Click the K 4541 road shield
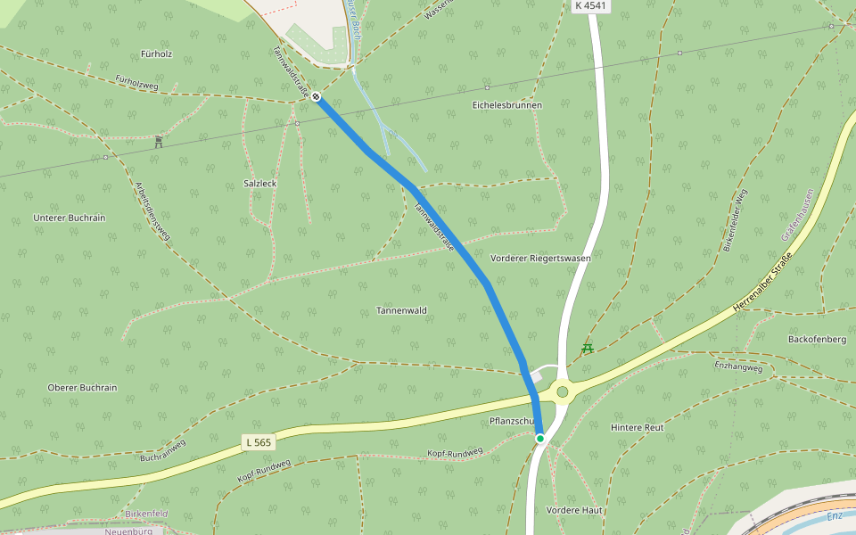point(591,5)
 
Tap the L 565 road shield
point(258,441)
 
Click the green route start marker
point(539,439)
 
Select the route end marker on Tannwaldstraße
point(317,96)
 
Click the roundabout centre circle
point(563,391)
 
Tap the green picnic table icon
point(587,348)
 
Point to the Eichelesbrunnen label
point(506,105)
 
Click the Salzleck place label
point(260,183)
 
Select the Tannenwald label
point(401,310)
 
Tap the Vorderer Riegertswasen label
point(540,258)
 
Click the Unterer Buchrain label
point(69,218)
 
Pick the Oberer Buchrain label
point(82,388)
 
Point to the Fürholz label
point(156,53)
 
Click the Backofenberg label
point(817,339)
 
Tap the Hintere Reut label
point(638,427)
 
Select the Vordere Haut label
point(574,510)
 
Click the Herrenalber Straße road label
point(762,282)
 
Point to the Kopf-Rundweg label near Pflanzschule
point(455,453)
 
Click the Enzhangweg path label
point(738,366)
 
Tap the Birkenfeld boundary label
point(146,514)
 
